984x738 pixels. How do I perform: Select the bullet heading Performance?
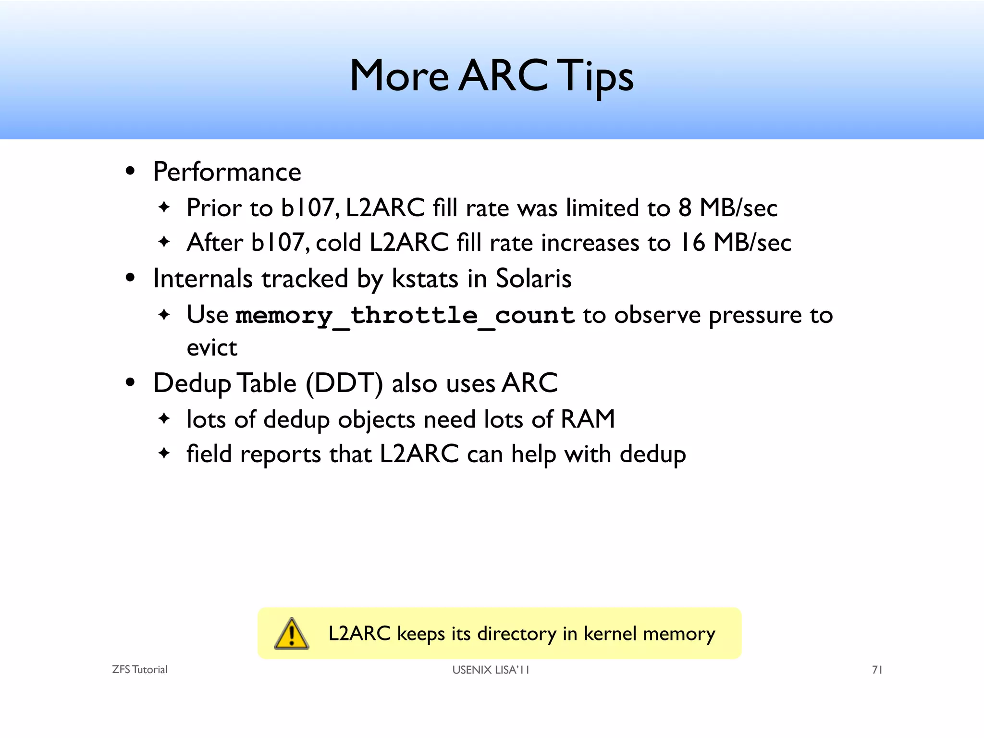pyautogui.click(x=227, y=172)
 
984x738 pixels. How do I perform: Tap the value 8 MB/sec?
pyautogui.click(x=727, y=208)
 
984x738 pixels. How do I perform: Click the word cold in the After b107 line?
pyautogui.click(x=338, y=242)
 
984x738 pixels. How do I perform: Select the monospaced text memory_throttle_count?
pyautogui.click(x=405, y=316)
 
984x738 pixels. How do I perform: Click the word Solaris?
pyautogui.click(x=533, y=279)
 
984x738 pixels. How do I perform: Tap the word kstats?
pyautogui.click(x=425, y=279)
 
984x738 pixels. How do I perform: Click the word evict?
pyautogui.click(x=211, y=347)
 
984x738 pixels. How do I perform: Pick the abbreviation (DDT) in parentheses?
pyautogui.click(x=344, y=383)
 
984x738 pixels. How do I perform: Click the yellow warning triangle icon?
pyautogui.click(x=291, y=634)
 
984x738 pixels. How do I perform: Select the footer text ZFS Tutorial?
pyautogui.click(x=139, y=670)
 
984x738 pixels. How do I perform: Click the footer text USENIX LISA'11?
pyautogui.click(x=491, y=670)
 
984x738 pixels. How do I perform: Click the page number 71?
pyautogui.click(x=877, y=670)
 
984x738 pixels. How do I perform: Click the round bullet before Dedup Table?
pyautogui.click(x=130, y=383)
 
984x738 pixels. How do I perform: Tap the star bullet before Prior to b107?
pyautogui.click(x=164, y=208)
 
